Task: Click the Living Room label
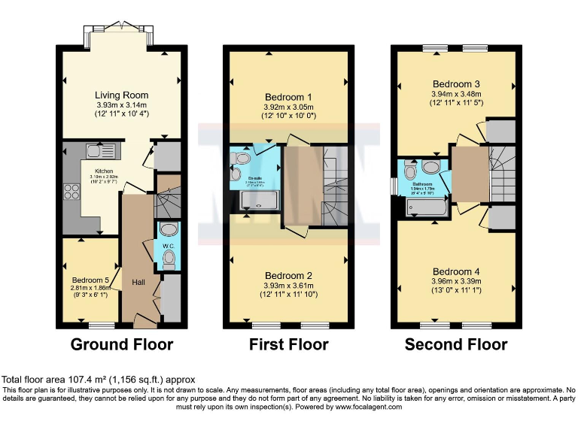pyautogui.click(x=121, y=95)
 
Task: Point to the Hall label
pyautogui.click(x=138, y=282)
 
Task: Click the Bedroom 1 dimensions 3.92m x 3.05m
pyautogui.click(x=288, y=107)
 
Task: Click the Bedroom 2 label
pyautogui.click(x=288, y=275)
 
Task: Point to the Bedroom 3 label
pyautogui.click(x=456, y=83)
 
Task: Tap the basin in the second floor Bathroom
pyautogui.click(x=431, y=167)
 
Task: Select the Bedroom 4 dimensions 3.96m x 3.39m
pyautogui.click(x=456, y=283)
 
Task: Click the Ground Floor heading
pyautogui.click(x=121, y=345)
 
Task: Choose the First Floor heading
pyautogui.click(x=288, y=345)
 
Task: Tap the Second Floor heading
pyautogui.click(x=456, y=345)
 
